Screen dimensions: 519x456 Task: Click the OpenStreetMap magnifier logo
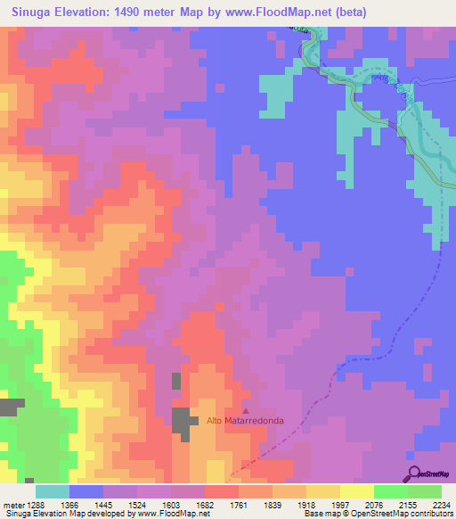click(x=412, y=474)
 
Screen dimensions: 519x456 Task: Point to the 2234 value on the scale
click(x=432, y=505)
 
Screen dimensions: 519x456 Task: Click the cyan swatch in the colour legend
click(x=53, y=491)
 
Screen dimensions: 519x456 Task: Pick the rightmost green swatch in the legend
click(x=425, y=491)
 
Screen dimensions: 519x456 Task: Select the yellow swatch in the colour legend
click(x=357, y=491)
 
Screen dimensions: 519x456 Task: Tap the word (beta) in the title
click(x=345, y=12)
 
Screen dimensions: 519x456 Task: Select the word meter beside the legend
click(x=12, y=505)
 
